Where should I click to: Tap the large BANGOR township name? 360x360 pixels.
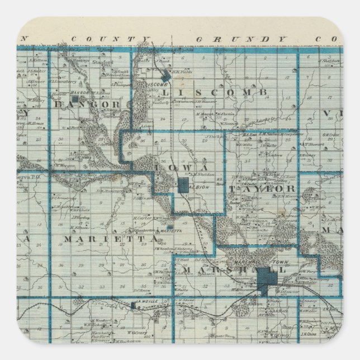pyautogui.click(x=95, y=105)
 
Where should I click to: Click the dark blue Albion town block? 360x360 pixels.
pyautogui.click(x=183, y=186)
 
